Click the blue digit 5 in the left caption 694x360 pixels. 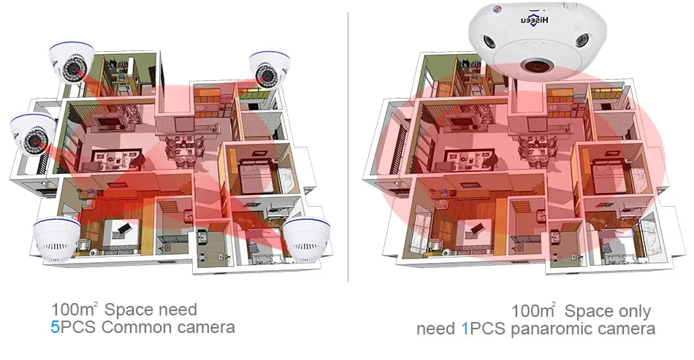[x=55, y=326]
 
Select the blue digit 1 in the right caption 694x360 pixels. [x=465, y=329]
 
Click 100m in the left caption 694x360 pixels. [x=72, y=310]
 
